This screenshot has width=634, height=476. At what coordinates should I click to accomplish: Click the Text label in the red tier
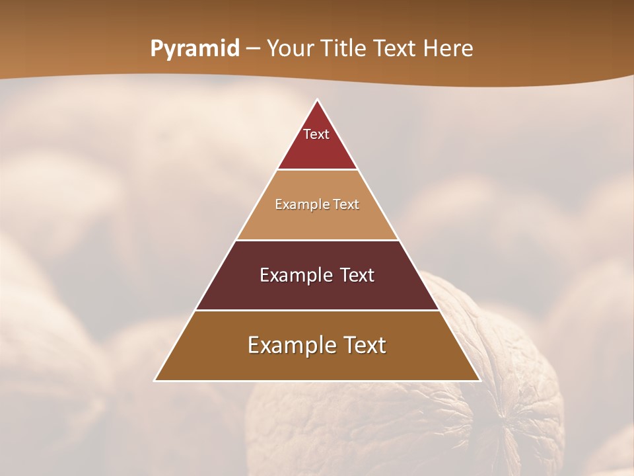point(316,134)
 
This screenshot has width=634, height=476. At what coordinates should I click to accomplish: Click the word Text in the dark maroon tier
point(357,275)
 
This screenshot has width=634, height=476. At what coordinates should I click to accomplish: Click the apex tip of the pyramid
point(317,100)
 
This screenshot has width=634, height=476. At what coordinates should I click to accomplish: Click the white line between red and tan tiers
point(317,170)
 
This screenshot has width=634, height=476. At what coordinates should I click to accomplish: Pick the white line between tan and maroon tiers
point(317,240)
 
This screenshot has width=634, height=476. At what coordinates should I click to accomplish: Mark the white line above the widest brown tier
point(317,310)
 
